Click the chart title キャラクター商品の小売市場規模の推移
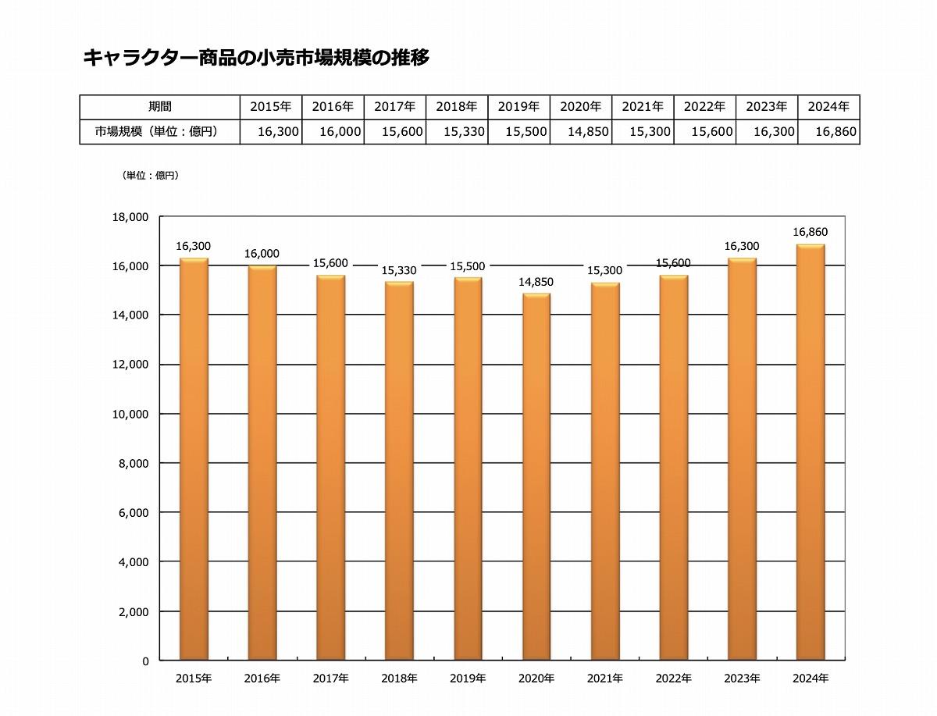[256, 57]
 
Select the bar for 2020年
[536, 476]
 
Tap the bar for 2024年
[810, 453]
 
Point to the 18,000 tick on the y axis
[131, 217]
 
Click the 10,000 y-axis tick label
[131, 414]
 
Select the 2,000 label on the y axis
[134, 611]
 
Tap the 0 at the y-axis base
[144, 661]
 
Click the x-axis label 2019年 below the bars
[468, 679]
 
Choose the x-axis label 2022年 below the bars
[673, 679]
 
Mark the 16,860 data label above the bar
[810, 232]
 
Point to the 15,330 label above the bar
[399, 270]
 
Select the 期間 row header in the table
[160, 106]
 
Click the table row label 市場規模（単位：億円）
[156, 132]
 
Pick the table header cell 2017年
[394, 106]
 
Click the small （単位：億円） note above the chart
[151, 176]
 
